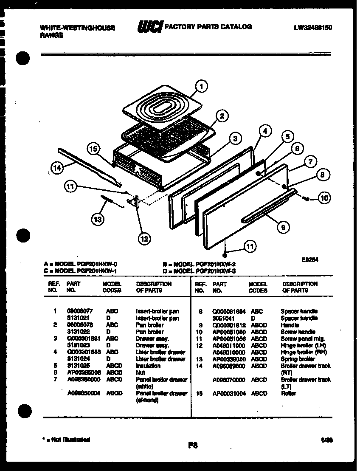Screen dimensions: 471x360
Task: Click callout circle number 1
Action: click(x=201, y=87)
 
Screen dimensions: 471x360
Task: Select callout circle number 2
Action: click(x=222, y=116)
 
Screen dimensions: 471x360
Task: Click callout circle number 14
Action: click(x=56, y=168)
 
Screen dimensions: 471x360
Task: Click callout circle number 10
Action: click(x=324, y=197)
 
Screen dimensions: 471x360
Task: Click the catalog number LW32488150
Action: click(x=312, y=28)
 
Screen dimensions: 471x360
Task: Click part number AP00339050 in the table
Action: click(x=228, y=359)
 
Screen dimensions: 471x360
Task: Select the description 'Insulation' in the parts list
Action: click(x=148, y=366)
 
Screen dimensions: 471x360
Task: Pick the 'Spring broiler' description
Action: click(x=298, y=359)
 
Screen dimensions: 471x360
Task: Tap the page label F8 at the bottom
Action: click(x=192, y=446)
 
